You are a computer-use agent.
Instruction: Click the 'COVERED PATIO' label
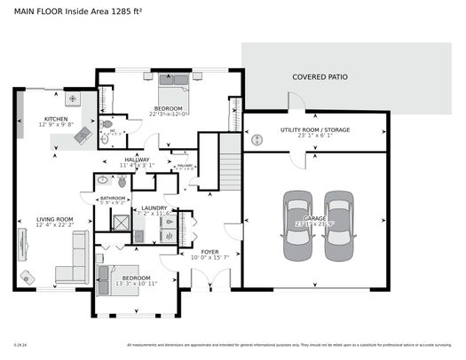(320, 77)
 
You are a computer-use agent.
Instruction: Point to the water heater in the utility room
(258, 139)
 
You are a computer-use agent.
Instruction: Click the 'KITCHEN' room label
(57, 118)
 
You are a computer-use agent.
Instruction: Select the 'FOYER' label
(209, 251)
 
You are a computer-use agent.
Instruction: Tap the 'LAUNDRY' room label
(154, 207)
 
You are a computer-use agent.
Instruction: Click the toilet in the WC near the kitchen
(107, 125)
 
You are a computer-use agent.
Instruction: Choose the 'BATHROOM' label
(112, 198)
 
